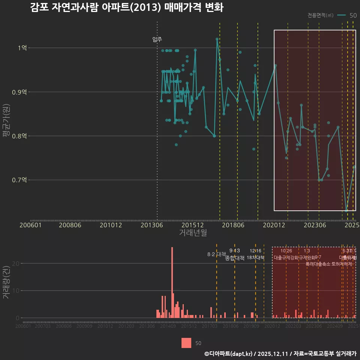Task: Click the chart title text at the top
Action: [127, 8]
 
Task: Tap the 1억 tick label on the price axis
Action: [22, 48]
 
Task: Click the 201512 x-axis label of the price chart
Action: [192, 225]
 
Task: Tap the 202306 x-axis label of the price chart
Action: [314, 225]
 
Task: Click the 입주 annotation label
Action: [157, 39]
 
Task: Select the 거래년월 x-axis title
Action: [193, 233]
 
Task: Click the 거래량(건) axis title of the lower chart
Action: [6, 282]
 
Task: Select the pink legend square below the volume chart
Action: [186, 343]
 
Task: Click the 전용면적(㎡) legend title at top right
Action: [320, 15]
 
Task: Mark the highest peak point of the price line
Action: [217, 39]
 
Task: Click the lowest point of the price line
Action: [346, 211]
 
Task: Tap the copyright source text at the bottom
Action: [280, 353]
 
